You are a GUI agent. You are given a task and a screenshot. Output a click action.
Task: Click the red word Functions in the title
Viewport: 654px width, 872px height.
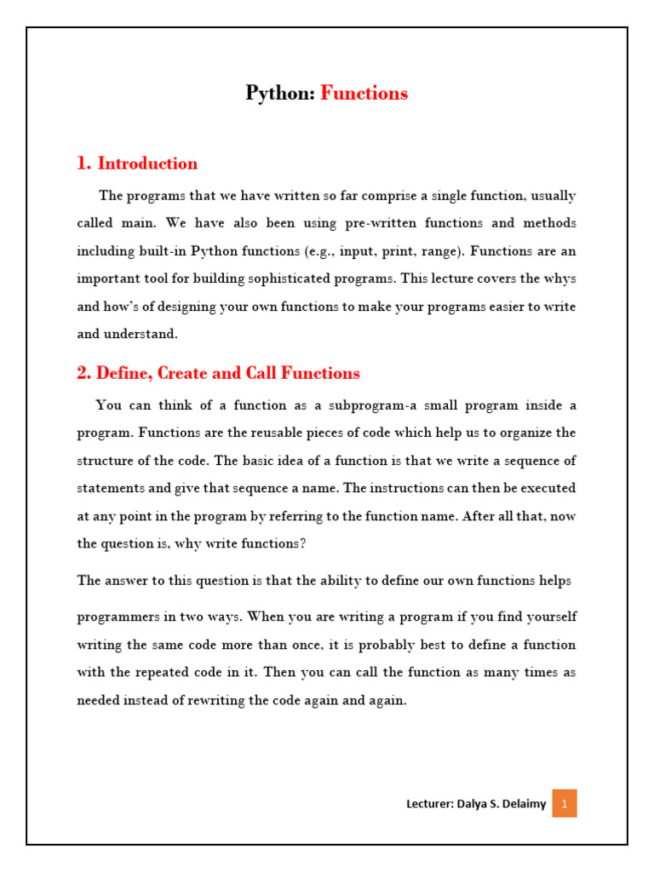(364, 94)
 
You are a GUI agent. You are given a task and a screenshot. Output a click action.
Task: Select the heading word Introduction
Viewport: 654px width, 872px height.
(147, 163)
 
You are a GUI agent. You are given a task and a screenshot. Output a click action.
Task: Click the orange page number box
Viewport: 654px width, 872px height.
(565, 803)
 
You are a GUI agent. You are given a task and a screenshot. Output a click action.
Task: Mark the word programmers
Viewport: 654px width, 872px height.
(118, 616)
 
